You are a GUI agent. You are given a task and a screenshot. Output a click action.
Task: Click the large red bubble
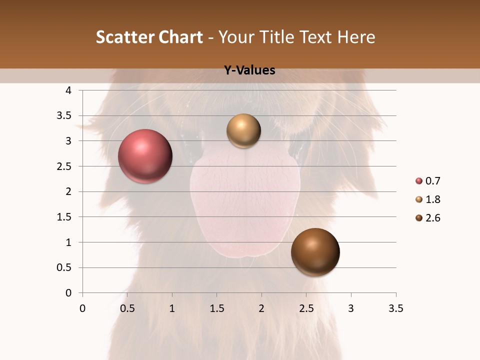tap(145, 156)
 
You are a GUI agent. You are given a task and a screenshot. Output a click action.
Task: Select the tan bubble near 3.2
tap(243, 131)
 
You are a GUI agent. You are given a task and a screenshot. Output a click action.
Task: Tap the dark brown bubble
tap(315, 252)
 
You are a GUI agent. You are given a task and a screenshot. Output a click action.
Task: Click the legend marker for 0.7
tap(418, 181)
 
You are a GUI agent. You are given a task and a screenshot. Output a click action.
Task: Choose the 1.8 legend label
tap(432, 199)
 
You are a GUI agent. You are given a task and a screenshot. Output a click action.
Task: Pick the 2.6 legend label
tap(432, 218)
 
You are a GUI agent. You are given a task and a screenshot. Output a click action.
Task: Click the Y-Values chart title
tap(249, 70)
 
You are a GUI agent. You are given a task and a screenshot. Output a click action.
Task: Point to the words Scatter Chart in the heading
tap(149, 37)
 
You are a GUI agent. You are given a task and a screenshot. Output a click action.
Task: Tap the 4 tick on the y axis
tap(69, 90)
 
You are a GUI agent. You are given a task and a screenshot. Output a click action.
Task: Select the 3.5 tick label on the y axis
tap(65, 116)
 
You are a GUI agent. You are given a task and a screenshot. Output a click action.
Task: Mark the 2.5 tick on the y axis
tap(65, 166)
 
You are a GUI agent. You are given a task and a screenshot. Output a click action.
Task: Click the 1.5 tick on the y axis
tap(65, 217)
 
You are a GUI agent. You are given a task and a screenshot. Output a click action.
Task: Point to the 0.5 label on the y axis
tap(65, 267)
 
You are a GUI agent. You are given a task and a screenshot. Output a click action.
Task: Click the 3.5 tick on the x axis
tap(395, 308)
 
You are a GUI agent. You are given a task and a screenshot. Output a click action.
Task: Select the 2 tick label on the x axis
tap(261, 308)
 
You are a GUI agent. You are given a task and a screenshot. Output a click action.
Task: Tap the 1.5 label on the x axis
tap(216, 308)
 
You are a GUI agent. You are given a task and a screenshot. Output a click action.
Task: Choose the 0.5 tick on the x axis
tap(127, 308)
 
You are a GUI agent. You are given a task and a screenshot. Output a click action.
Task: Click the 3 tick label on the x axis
tap(351, 308)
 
